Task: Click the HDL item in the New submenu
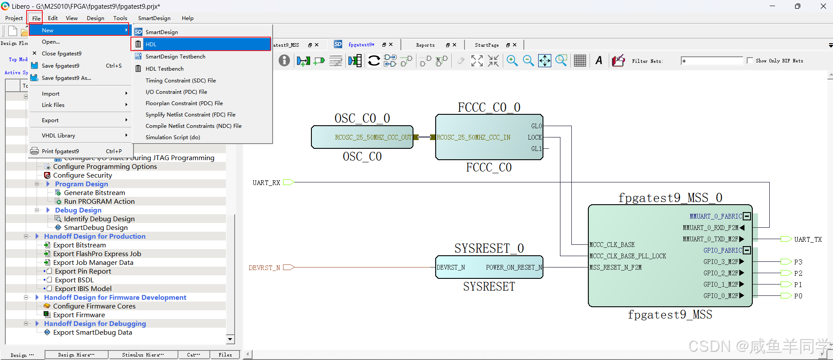[151, 44]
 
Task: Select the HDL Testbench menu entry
[164, 69]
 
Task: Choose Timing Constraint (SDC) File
[181, 80]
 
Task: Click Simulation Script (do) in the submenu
[173, 137]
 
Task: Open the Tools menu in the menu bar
[120, 18]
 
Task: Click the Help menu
[188, 18]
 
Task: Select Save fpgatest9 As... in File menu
[66, 78]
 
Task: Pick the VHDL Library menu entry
[58, 135]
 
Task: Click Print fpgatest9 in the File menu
[60, 151]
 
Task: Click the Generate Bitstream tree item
[94, 192]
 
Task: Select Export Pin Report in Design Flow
[83, 271]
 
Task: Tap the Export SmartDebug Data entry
[92, 332]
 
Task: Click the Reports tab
[425, 45]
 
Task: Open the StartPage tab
[487, 45]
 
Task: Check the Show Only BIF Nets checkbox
[750, 61]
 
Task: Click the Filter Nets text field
[712, 61]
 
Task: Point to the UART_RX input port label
[266, 182]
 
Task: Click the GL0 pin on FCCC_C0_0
[536, 126]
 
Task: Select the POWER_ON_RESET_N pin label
[514, 267]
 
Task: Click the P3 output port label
[798, 262]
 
